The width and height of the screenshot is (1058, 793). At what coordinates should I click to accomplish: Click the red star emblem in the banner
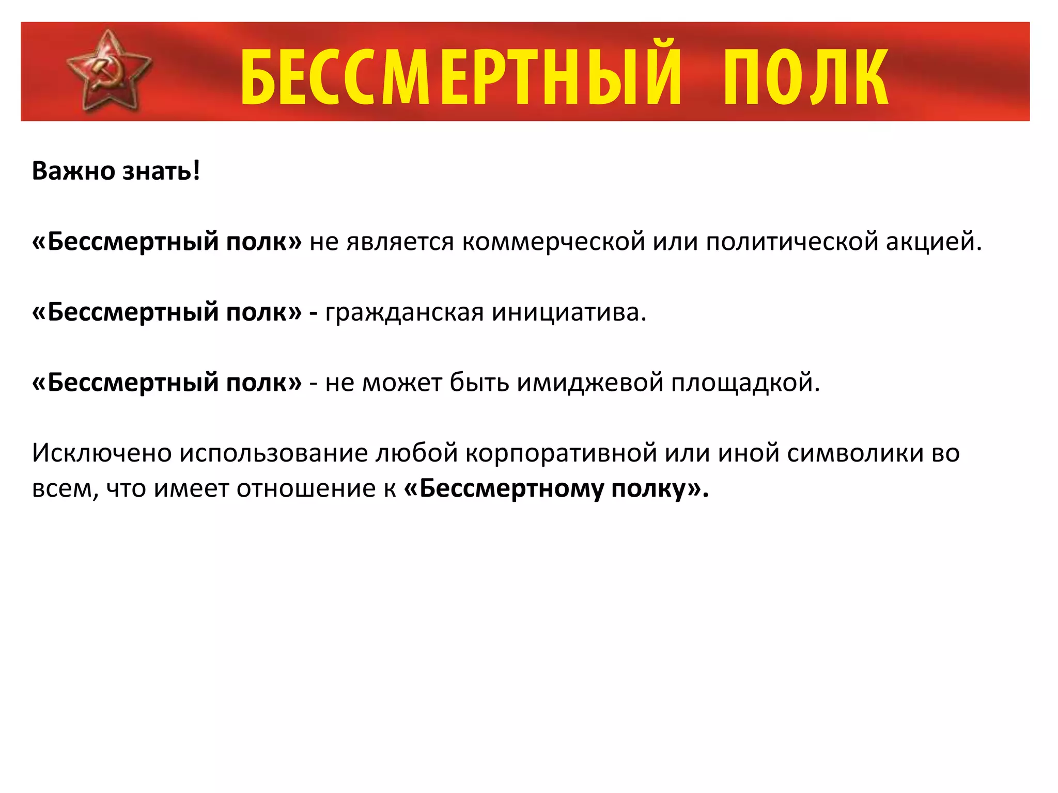[x=109, y=71]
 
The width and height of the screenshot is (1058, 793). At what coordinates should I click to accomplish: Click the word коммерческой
[x=553, y=242]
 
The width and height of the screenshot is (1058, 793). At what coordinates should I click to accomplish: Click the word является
[x=400, y=242]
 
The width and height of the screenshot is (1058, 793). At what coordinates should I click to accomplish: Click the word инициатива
[x=569, y=312]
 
